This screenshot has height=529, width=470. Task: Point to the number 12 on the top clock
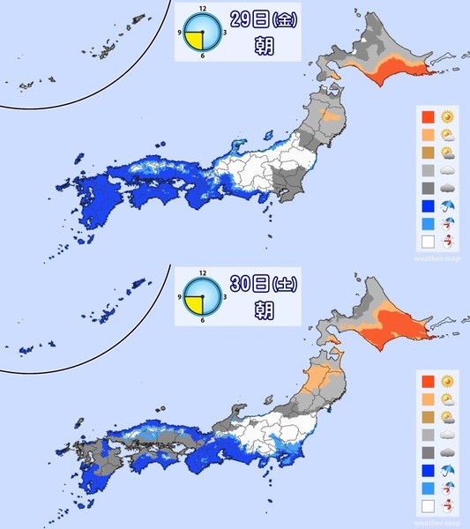coord(202,11)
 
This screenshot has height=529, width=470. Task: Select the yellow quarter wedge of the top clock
coord(194,41)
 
